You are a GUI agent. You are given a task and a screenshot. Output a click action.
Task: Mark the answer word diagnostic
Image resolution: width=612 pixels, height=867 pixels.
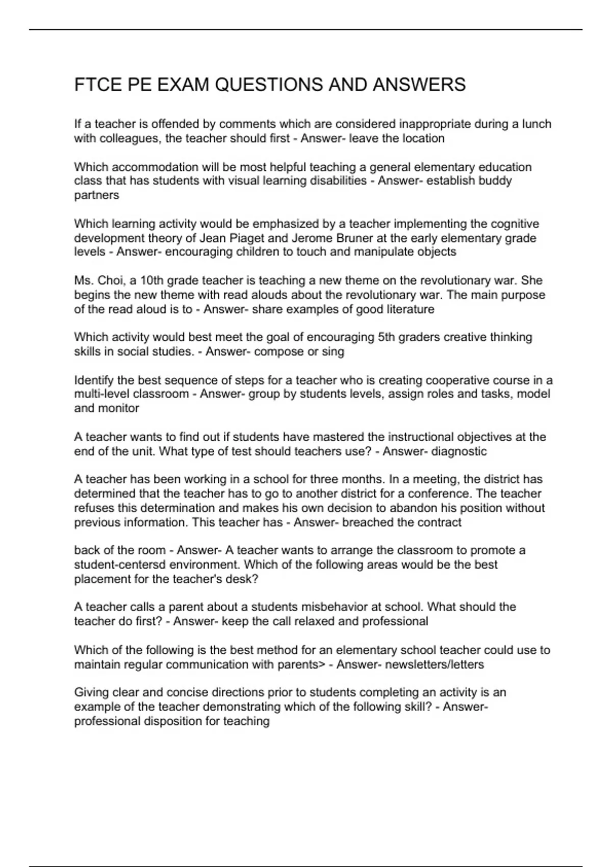[x=458, y=451]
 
